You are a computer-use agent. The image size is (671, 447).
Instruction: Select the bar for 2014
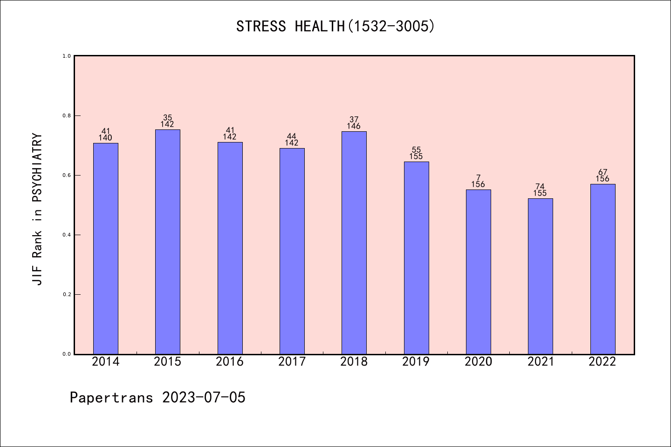(106, 248)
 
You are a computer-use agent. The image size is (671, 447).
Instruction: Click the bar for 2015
(168, 242)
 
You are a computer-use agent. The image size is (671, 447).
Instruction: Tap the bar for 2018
(354, 243)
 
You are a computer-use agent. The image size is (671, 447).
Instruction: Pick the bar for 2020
(479, 271)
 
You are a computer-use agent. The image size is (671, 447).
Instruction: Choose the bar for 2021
(541, 276)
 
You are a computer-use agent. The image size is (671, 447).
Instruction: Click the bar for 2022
(603, 269)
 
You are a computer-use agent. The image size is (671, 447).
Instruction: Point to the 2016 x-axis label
(230, 362)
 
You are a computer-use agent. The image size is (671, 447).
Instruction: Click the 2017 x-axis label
(292, 362)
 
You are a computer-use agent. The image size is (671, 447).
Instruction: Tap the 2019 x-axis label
(416, 362)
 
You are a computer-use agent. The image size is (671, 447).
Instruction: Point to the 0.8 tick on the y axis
(67, 115)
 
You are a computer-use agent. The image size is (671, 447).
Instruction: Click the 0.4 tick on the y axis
(67, 235)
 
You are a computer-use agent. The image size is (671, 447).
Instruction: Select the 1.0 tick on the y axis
(67, 56)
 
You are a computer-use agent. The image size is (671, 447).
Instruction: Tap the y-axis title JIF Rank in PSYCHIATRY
(37, 209)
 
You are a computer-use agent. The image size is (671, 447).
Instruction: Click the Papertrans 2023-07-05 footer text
(157, 398)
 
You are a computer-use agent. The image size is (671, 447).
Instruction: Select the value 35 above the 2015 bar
(168, 118)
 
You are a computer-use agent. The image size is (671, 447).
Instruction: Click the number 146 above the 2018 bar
(354, 126)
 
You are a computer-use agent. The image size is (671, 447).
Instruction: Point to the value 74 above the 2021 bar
(540, 187)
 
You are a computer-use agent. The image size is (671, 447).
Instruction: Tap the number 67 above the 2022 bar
(603, 172)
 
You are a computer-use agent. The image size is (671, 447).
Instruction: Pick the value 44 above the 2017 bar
(292, 136)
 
